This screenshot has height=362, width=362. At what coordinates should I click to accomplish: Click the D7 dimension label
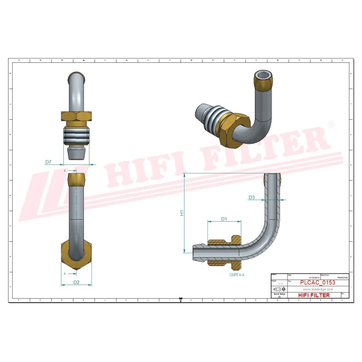point(48,162)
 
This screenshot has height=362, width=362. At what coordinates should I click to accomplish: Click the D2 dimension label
point(76,282)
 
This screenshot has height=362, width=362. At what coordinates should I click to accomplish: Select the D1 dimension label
point(224,219)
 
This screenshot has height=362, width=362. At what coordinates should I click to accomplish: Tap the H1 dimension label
point(182,213)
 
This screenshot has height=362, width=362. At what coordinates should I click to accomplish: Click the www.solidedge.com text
point(317,290)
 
